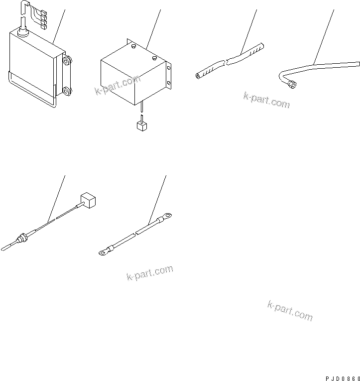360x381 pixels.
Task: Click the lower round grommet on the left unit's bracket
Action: pos(66,91)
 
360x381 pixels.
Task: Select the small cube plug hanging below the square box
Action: pos(141,126)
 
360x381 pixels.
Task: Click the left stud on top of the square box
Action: pos(134,48)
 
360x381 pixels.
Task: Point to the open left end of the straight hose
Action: pos(199,76)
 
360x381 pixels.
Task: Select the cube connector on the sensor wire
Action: pos(88,201)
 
